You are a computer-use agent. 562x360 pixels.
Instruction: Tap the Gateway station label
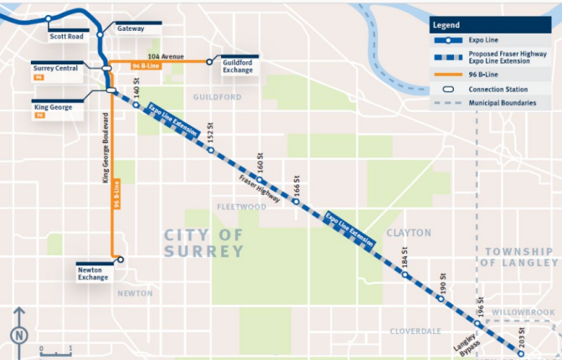(131, 28)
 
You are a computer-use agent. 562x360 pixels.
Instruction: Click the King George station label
(52, 107)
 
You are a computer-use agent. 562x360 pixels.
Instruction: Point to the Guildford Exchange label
(237, 68)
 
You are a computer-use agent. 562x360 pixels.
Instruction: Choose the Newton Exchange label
(93, 273)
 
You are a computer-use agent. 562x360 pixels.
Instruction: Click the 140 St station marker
(136, 105)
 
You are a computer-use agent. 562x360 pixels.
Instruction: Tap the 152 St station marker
(211, 151)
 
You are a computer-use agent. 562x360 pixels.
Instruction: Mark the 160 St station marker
(260, 180)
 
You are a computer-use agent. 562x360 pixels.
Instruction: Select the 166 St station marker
(296, 202)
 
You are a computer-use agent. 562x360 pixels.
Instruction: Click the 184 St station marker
(405, 275)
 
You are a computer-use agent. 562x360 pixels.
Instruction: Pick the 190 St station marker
(441, 298)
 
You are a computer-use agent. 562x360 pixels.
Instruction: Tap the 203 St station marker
(521, 353)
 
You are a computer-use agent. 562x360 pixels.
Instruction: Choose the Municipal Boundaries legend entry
(503, 102)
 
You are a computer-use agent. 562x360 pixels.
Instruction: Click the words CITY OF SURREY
(204, 243)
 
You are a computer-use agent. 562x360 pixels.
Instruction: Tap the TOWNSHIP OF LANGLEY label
(520, 257)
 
